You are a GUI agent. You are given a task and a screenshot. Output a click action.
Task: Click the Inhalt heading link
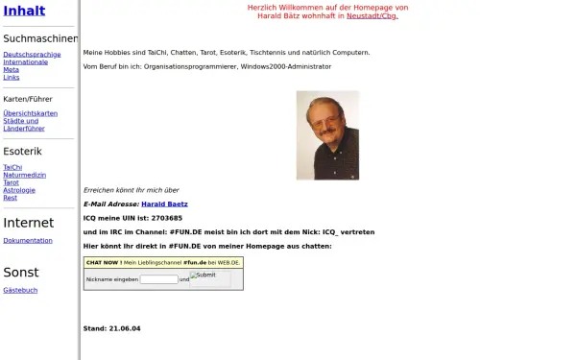click(x=24, y=11)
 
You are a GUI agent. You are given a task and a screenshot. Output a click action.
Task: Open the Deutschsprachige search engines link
click(x=32, y=54)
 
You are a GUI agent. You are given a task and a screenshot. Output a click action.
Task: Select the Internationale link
click(x=26, y=61)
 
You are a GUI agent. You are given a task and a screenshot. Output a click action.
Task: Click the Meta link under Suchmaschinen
click(x=11, y=69)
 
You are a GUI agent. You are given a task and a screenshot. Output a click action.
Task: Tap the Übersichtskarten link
click(x=30, y=113)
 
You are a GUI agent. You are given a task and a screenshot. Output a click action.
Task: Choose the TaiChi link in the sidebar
click(x=12, y=167)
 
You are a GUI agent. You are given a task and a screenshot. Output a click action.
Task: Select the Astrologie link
click(x=19, y=190)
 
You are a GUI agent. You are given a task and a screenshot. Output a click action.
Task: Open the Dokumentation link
click(x=28, y=241)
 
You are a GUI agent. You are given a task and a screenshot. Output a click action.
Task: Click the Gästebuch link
click(x=20, y=290)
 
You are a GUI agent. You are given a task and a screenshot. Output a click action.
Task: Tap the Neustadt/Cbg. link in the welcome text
click(x=372, y=16)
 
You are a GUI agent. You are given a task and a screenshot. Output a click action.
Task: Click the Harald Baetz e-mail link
click(x=164, y=204)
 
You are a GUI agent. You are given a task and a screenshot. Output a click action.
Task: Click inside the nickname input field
click(x=159, y=279)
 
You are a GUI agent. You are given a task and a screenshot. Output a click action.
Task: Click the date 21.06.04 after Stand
click(x=124, y=328)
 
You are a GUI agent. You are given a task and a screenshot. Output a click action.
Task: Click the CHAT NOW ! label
click(x=103, y=261)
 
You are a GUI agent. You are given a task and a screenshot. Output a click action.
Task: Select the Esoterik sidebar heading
click(x=23, y=152)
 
